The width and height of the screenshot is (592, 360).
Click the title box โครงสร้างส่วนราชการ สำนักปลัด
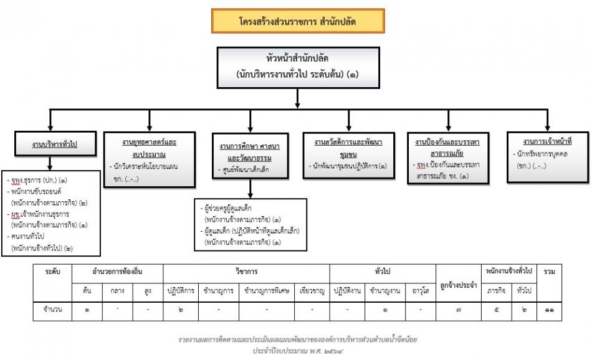297,21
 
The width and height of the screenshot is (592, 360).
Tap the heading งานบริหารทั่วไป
55,144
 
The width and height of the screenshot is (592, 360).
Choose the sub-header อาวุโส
421,291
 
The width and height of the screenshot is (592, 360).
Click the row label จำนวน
52,310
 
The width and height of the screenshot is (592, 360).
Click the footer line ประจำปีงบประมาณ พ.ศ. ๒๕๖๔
297,351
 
